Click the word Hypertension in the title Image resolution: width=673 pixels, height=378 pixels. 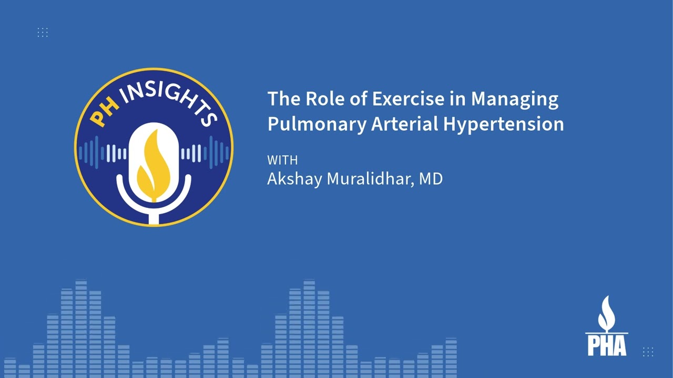[503, 125]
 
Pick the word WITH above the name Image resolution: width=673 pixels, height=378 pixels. [282, 160]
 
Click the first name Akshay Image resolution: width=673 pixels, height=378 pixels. [294, 179]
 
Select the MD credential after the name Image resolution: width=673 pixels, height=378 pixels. [431, 178]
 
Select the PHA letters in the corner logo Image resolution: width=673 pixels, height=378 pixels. [607, 345]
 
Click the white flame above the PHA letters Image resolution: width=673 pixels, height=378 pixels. [606, 312]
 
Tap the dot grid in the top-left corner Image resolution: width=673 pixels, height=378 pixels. [43, 33]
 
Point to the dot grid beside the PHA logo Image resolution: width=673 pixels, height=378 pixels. [648, 352]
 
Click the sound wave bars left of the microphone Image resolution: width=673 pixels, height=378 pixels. [103, 153]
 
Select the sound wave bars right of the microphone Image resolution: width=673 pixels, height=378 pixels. [205, 153]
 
